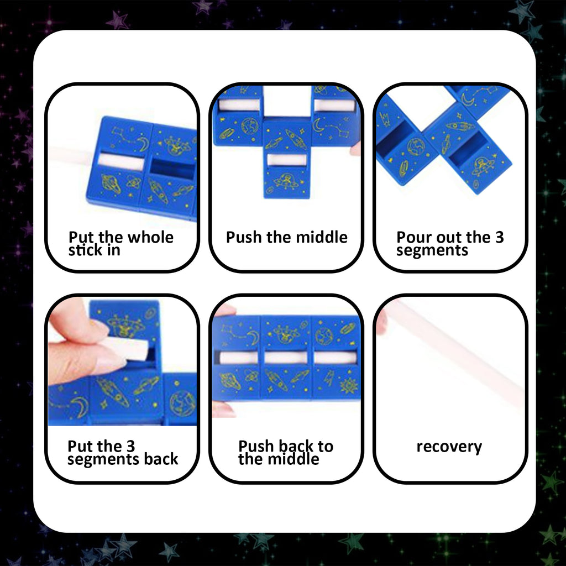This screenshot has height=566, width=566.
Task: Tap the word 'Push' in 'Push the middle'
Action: tap(244, 238)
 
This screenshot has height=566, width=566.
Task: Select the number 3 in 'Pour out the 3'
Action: tap(499, 238)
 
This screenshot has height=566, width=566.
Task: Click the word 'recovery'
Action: tap(449, 447)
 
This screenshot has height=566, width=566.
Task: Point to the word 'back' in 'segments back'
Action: tap(159, 459)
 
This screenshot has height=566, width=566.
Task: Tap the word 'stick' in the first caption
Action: tap(85, 250)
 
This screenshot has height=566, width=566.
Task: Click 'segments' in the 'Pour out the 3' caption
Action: tap(432, 250)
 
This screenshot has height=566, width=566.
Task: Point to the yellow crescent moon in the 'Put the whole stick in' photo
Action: tap(143, 145)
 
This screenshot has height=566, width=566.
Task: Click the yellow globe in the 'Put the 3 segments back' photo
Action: tap(182, 402)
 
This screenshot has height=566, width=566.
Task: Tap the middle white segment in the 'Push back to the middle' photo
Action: tap(286, 358)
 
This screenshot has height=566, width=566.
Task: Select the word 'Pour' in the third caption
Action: tap(412, 238)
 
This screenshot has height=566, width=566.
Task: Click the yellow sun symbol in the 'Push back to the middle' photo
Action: tap(348, 385)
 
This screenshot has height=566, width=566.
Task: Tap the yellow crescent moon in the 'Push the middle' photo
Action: tap(319, 125)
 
